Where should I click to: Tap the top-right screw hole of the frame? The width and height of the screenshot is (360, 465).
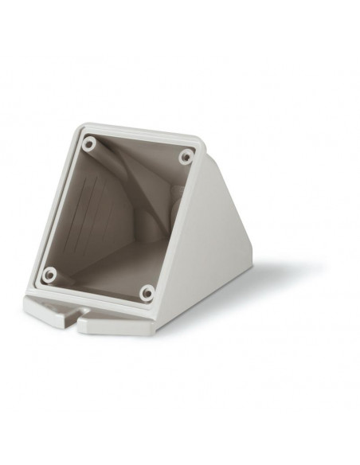coord(186,156)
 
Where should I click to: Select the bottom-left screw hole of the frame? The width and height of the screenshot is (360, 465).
coord(50,275)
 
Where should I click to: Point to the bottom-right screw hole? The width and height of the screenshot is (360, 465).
coord(146,292)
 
